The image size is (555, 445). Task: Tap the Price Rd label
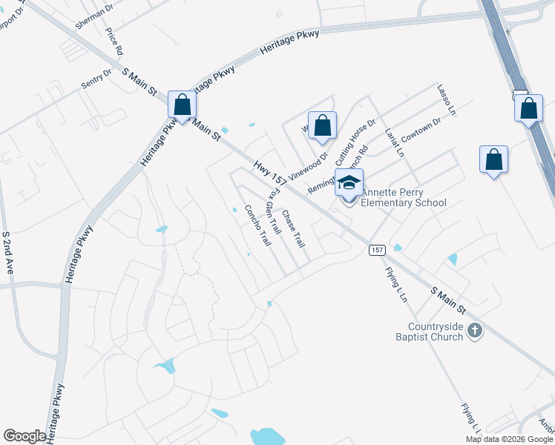point(114,42)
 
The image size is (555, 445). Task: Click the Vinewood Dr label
point(308,162)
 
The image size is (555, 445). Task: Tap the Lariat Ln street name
point(394,142)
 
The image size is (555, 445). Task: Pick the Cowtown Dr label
point(421,130)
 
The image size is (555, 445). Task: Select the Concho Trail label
point(257,225)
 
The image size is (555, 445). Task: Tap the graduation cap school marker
point(349,182)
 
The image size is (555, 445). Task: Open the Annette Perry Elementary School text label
point(404,197)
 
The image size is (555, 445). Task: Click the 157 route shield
point(376,251)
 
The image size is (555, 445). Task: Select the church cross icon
point(475,330)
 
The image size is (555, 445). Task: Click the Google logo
point(24,436)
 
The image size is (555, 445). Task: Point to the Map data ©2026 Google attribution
point(508,439)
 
